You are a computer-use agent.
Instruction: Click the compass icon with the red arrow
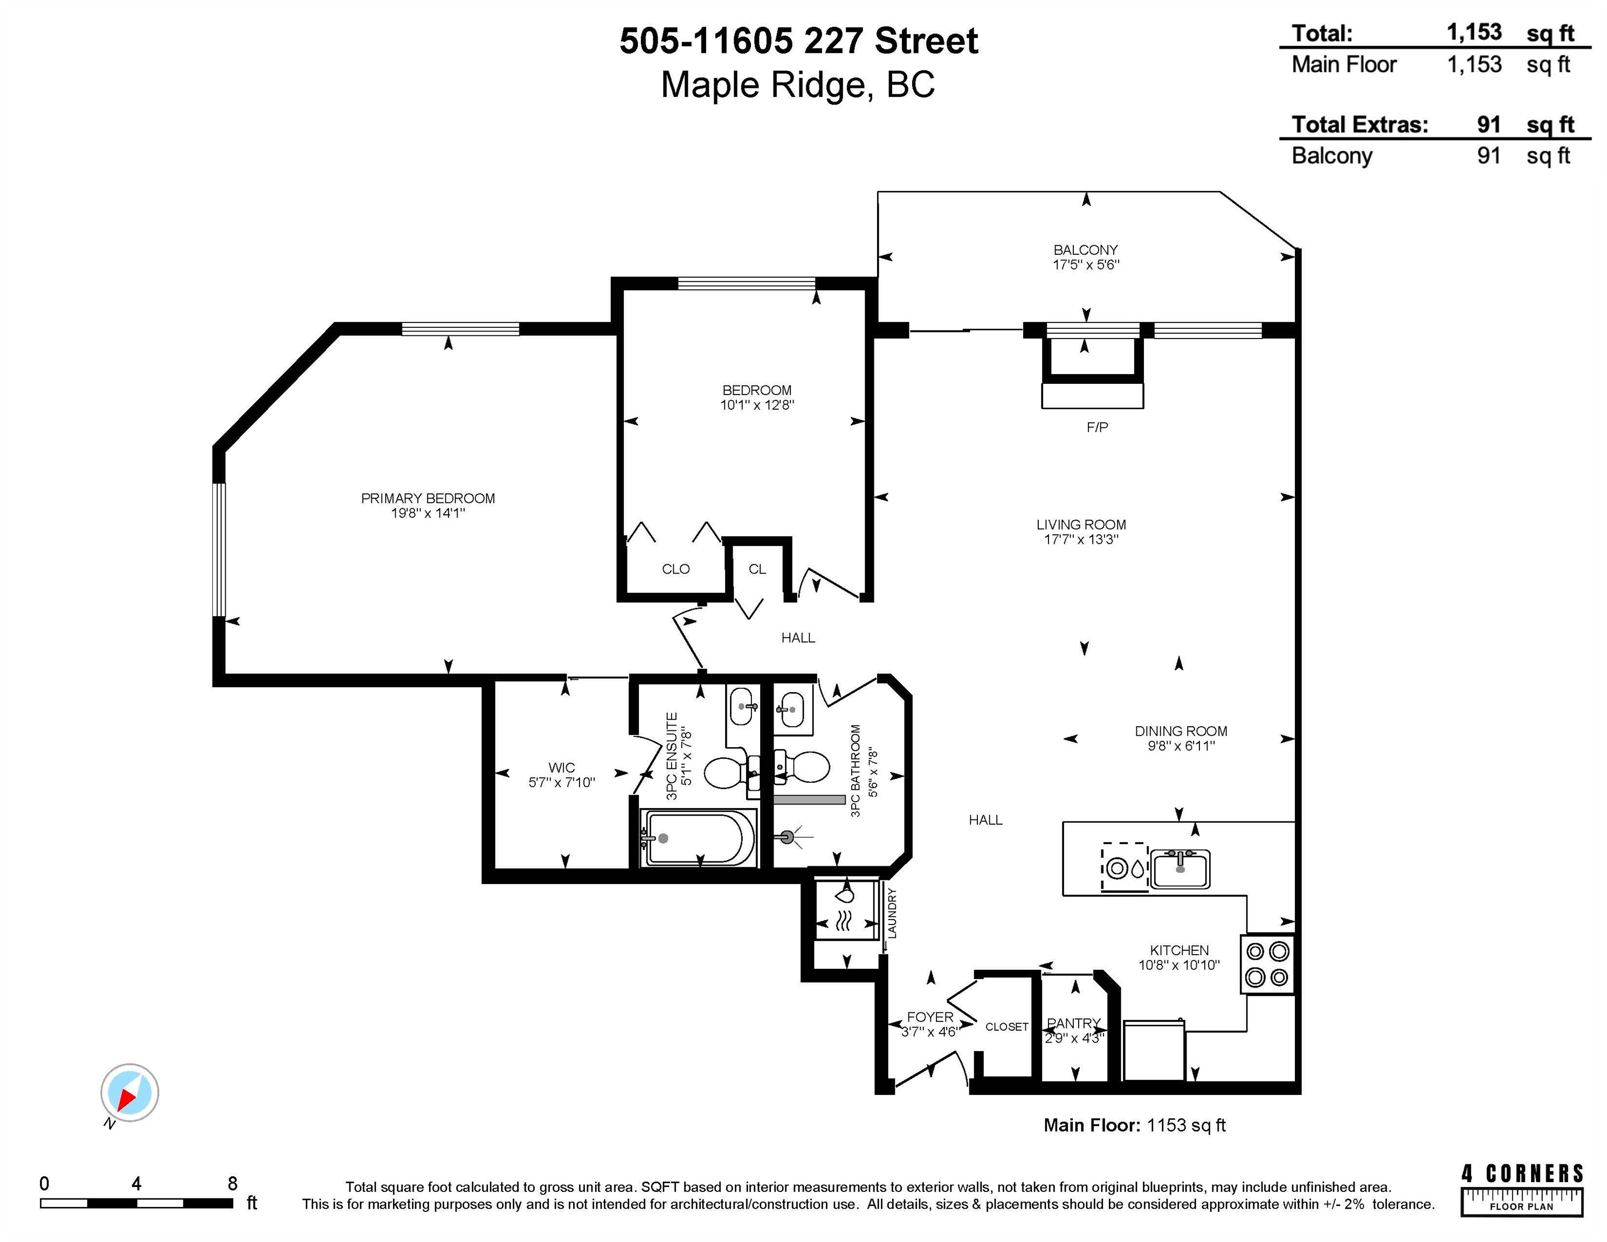[129, 1092]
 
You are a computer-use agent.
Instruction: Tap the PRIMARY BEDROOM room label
[427, 498]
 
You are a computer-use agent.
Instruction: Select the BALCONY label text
[1085, 250]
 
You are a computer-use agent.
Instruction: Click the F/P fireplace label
[1097, 427]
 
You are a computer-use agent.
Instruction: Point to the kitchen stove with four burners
[1267, 964]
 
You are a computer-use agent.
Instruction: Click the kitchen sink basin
[1180, 869]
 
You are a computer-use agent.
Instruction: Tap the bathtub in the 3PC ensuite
[698, 838]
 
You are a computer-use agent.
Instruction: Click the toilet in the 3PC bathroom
[803, 767]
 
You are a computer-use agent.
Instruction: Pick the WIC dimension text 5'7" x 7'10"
[561, 782]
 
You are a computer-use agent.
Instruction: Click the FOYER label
[930, 1017]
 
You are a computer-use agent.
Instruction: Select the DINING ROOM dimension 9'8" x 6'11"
[1181, 746]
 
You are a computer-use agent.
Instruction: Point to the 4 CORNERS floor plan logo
[1522, 1189]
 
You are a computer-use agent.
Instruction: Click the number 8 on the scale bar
[232, 1183]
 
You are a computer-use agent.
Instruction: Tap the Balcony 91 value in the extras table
[1488, 156]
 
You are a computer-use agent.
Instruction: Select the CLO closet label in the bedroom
[675, 569]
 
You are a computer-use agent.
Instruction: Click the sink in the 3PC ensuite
[742, 706]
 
